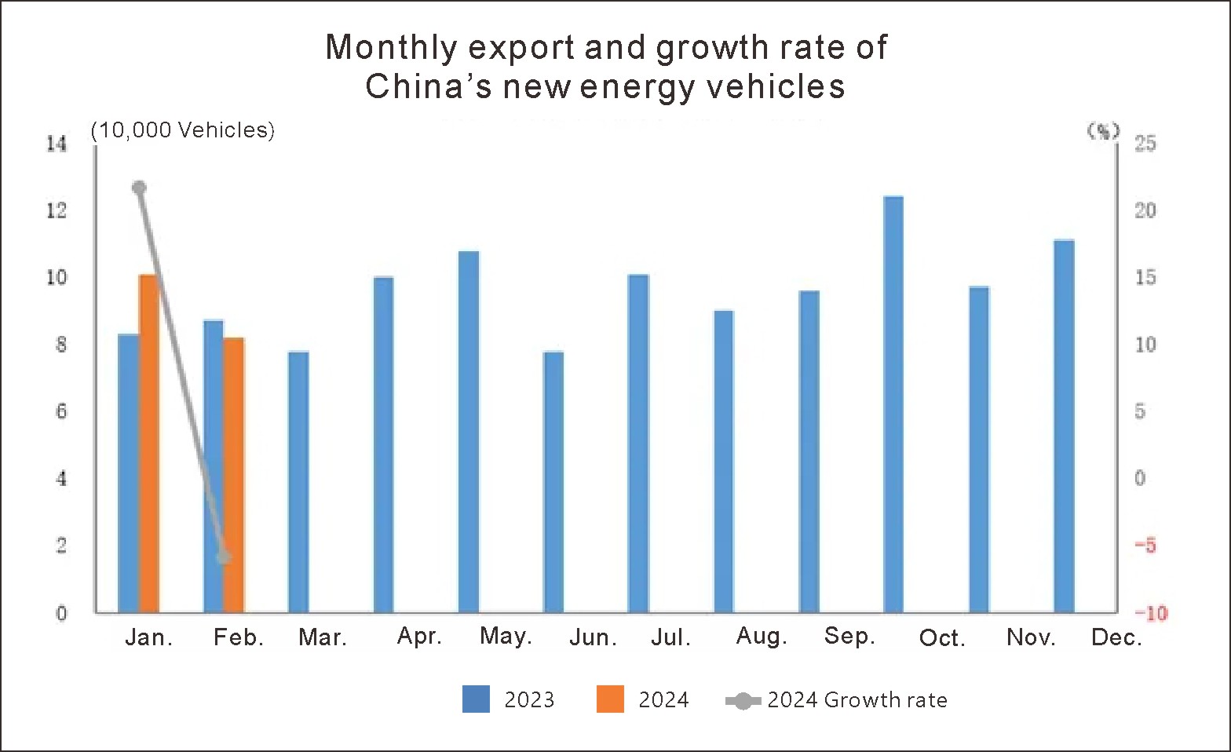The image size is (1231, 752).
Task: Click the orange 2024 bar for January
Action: (149, 444)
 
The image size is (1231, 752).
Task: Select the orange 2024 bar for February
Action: (234, 475)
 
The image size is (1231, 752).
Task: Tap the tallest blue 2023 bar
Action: (893, 404)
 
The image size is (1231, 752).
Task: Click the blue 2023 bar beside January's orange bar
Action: (128, 473)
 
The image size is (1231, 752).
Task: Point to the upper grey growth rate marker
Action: (140, 188)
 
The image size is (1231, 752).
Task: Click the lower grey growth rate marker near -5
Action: (224, 557)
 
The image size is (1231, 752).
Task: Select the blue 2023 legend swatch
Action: (476, 699)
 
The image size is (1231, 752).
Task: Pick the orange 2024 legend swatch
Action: (610, 699)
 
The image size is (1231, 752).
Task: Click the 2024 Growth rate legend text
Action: (857, 699)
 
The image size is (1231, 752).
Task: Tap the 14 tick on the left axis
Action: (57, 144)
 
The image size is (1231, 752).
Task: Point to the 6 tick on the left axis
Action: (61, 411)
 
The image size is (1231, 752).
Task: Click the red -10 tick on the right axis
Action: (1150, 613)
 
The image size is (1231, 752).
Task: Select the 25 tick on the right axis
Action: (1145, 144)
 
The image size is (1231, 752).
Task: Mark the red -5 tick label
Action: (1145, 546)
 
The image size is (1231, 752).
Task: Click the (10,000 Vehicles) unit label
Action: (183, 130)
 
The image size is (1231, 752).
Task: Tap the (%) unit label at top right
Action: (1103, 131)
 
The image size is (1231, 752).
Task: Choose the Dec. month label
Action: (1116, 637)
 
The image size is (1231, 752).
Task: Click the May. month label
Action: (506, 636)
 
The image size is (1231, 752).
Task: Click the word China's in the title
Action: (428, 86)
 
